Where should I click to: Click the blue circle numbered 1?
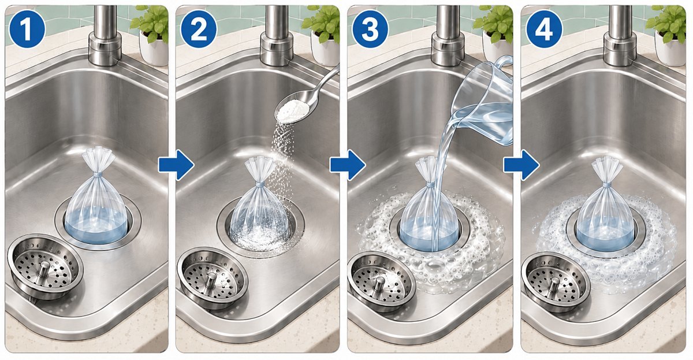[27, 29]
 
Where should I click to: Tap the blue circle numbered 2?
[199, 29]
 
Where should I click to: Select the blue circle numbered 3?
[370, 29]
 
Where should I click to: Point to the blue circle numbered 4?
[543, 29]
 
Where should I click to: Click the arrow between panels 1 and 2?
[176, 165]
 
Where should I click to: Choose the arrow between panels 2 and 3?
[348, 165]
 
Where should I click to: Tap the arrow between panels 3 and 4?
[521, 165]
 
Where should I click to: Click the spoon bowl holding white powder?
[293, 110]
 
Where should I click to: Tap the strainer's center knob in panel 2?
[211, 281]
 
